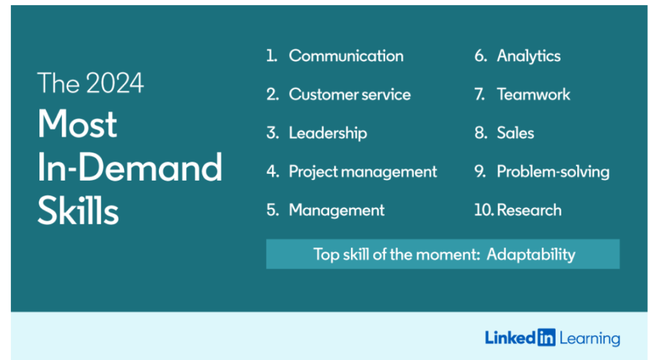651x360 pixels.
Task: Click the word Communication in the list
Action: (x=346, y=56)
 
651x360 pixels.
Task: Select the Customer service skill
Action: (x=350, y=95)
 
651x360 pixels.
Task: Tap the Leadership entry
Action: (x=327, y=133)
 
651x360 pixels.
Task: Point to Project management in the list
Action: (x=362, y=172)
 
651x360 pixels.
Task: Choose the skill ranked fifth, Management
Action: (x=336, y=211)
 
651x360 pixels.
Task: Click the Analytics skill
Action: (x=528, y=56)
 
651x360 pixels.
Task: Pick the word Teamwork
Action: (x=533, y=95)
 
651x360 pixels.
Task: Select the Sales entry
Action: (x=515, y=133)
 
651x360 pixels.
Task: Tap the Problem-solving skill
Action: (x=552, y=172)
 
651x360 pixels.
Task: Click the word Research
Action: (x=530, y=211)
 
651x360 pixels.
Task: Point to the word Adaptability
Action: (x=531, y=255)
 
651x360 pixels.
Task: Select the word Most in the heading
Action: (x=77, y=124)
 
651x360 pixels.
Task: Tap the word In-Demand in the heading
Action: (x=130, y=167)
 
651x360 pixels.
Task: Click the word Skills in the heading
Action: (x=78, y=211)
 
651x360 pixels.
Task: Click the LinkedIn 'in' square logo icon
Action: (x=546, y=338)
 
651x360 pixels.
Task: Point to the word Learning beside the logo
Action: (x=589, y=338)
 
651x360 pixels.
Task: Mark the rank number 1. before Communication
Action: (x=271, y=56)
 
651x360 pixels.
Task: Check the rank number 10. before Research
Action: (x=484, y=211)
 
